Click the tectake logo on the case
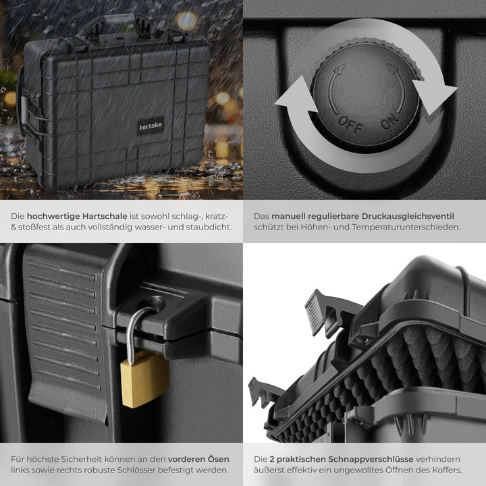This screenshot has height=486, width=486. click(x=151, y=126)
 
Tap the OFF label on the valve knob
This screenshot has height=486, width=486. click(x=350, y=124)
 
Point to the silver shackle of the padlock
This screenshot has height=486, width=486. click(x=133, y=329)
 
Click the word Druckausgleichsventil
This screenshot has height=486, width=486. click(x=408, y=217)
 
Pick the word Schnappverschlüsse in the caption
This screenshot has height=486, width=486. click(x=371, y=460)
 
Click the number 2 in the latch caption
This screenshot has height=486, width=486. click(x=271, y=460)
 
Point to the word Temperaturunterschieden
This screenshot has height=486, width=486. click(x=406, y=227)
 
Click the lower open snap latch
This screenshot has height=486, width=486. click(x=263, y=392)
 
